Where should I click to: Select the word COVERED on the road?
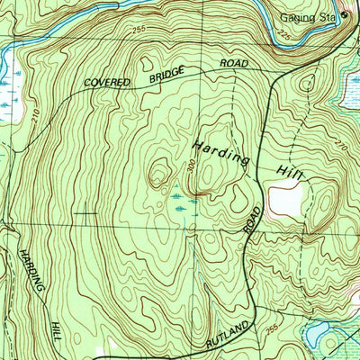tap(108, 82)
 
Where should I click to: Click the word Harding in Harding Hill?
tap(219, 151)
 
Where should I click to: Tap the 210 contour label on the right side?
tap(339, 145)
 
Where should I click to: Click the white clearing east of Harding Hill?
tap(286, 198)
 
